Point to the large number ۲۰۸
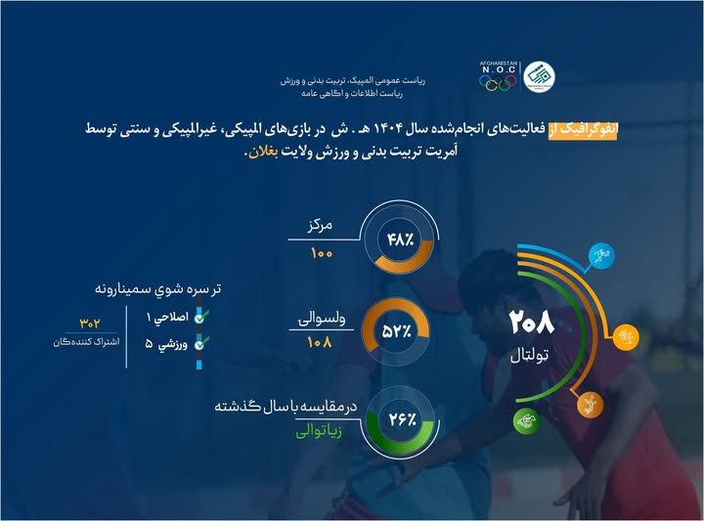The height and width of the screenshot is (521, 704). [x=531, y=322]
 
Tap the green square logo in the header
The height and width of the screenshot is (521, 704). [x=535, y=73]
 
